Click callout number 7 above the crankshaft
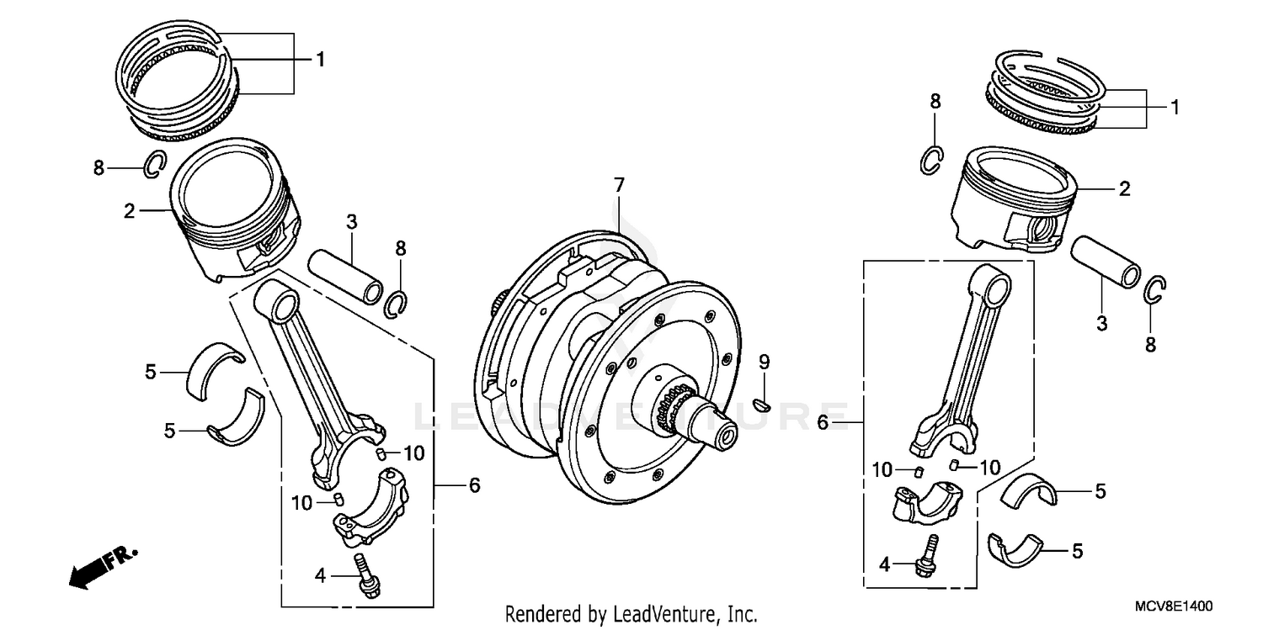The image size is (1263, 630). tap(619, 184)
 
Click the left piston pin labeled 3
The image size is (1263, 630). tap(345, 275)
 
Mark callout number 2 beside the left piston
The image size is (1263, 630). tap(130, 211)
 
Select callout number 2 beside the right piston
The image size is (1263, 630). tap(1124, 189)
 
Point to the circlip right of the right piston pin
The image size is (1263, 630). tap(1155, 290)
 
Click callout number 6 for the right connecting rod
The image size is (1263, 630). tap(823, 421)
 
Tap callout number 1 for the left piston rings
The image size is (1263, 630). tap(319, 59)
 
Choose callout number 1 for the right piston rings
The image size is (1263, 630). tap(1174, 108)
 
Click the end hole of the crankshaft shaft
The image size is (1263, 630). tap(726, 437)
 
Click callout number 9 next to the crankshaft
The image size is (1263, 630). tap(765, 363)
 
